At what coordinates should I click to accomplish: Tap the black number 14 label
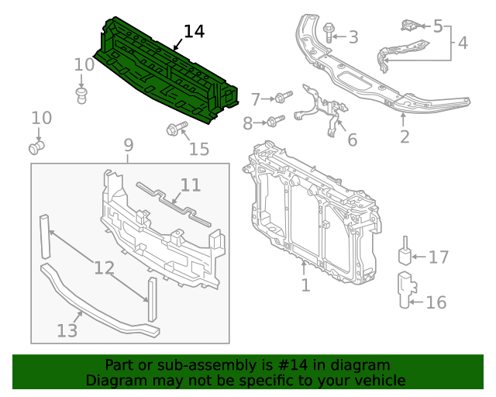[194, 32]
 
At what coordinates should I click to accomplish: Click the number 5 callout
[438, 26]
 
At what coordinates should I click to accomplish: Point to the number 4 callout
[463, 43]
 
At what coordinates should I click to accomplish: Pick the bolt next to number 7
[281, 98]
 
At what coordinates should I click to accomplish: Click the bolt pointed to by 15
[172, 130]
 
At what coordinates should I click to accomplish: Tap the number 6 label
[352, 140]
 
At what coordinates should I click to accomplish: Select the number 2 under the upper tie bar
[404, 137]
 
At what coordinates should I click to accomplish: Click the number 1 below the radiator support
[305, 285]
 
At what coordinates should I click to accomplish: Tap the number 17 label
[438, 257]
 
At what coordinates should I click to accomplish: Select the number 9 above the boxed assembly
[129, 145]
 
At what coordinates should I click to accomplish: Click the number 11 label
[191, 185]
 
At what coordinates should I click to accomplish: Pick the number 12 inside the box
[105, 269]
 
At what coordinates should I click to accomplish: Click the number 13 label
[67, 331]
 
